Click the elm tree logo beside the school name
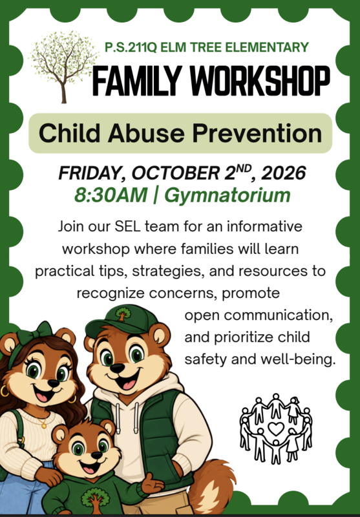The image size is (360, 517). click(63, 66)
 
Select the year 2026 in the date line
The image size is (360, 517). click(284, 173)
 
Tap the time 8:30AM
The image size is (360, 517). click(111, 195)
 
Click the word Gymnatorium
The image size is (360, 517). click(228, 196)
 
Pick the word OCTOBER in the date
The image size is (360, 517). click(174, 173)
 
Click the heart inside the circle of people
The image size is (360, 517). click(276, 428)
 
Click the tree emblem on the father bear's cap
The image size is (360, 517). click(123, 314)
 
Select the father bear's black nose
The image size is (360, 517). click(118, 368)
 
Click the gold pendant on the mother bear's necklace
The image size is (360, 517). click(44, 425)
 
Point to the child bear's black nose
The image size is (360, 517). click(96, 456)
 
